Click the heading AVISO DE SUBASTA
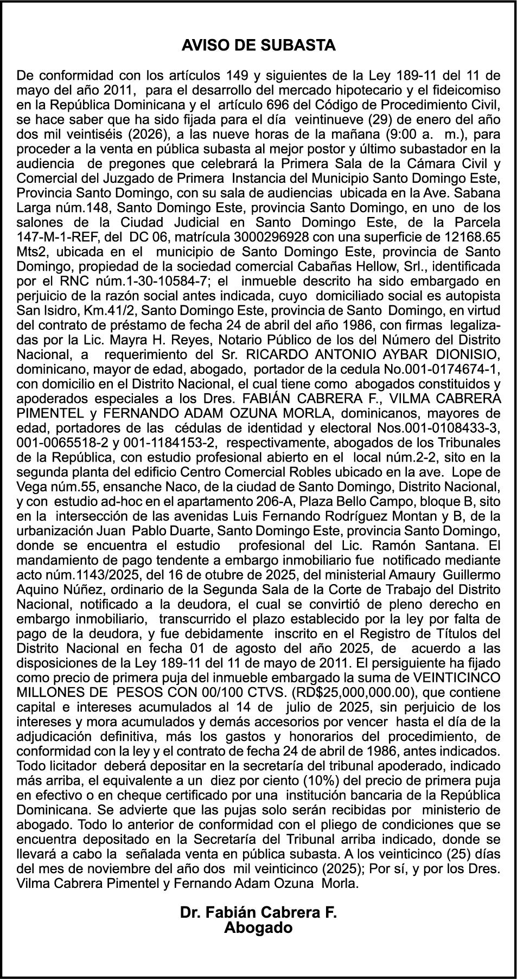coord(258,46)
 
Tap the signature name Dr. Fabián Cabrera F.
coord(258,912)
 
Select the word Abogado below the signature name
coord(258,927)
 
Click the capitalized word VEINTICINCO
coord(456,678)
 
